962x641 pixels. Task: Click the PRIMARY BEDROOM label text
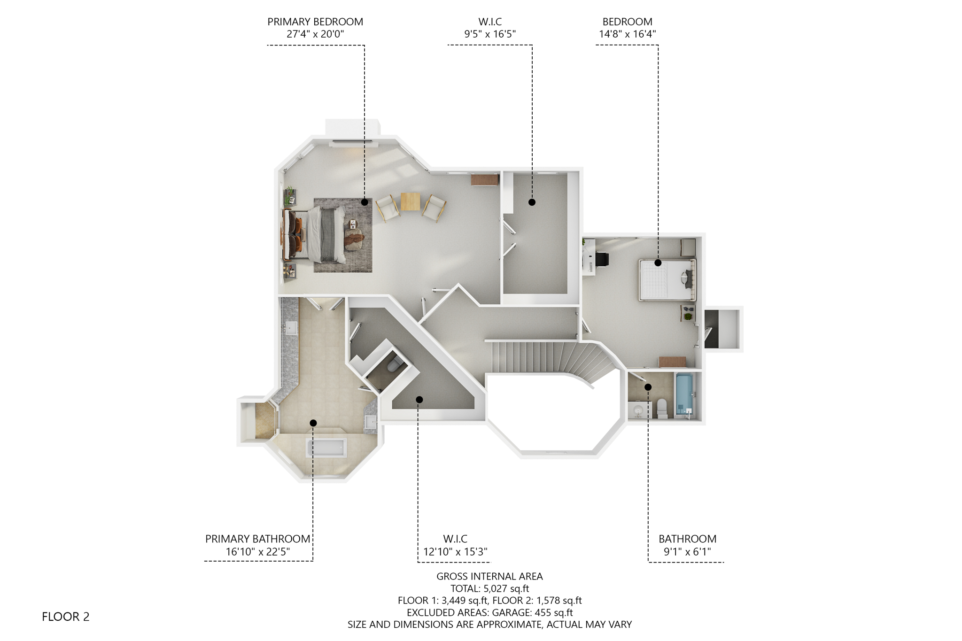[x=315, y=22]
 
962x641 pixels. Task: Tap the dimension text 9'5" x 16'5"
[x=490, y=34]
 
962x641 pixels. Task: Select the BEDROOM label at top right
[x=627, y=22]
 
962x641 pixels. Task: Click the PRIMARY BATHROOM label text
[x=257, y=539]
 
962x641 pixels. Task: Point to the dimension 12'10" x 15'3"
[x=455, y=552]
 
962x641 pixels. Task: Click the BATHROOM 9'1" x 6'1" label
[x=687, y=545]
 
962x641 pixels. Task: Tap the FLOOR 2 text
[x=65, y=617]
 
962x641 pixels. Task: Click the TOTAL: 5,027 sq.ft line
[x=489, y=588]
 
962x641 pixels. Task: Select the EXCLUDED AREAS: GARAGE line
[x=489, y=612]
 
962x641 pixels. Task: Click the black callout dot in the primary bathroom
[x=313, y=423]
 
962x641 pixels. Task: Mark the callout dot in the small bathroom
[x=648, y=387]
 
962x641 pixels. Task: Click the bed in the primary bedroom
[x=319, y=234]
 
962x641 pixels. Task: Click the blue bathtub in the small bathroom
[x=683, y=395]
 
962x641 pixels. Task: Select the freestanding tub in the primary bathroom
[x=326, y=448]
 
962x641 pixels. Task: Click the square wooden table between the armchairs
[x=410, y=201]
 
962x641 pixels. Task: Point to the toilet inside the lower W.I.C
[x=395, y=364]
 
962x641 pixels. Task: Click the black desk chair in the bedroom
[x=602, y=259]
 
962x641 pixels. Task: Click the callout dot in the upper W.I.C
[x=532, y=202]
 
